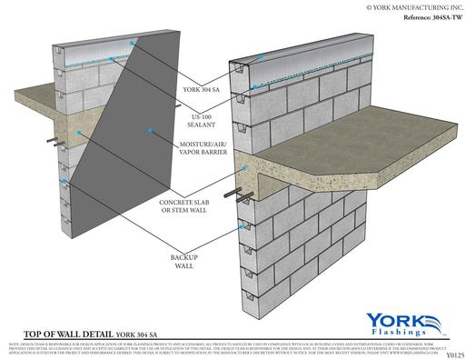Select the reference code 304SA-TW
click(x=420, y=18)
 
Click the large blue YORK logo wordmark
click(x=399, y=321)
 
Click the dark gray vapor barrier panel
click(x=118, y=155)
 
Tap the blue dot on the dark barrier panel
click(x=80, y=134)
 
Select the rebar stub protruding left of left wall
click(x=51, y=143)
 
